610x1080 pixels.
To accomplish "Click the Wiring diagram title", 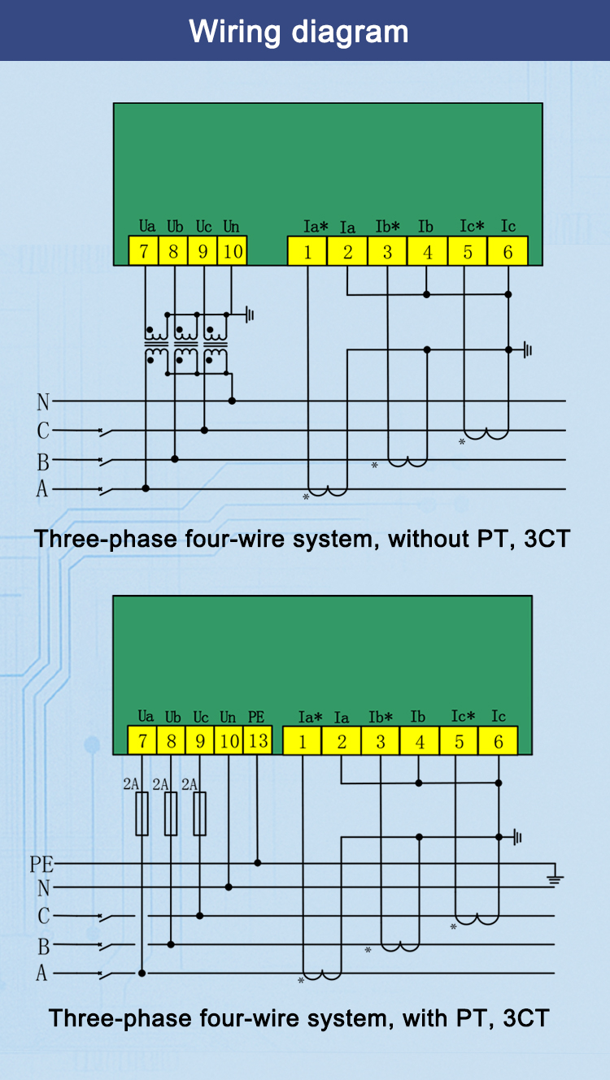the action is (298, 33).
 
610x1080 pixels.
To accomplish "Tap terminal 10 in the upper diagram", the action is (233, 251).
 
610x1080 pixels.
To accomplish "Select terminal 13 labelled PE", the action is (258, 740).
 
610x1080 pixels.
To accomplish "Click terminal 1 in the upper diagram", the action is (307, 251).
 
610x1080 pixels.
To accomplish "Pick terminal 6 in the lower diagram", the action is (498, 740).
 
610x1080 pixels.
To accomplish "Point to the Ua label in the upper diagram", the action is (147, 226).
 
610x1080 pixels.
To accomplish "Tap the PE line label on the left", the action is (41, 865).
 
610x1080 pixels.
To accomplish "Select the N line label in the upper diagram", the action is (43, 401).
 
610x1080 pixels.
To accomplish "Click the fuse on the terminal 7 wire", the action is (142, 813).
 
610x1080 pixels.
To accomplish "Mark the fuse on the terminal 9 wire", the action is (200, 813).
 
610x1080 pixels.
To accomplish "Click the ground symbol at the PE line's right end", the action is (555, 878).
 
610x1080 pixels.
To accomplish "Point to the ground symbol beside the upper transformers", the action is (250, 314).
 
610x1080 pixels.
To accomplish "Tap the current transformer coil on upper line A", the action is (328, 492).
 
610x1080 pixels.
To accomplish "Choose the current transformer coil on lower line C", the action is (477, 919).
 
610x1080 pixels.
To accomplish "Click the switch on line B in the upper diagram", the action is (106, 462).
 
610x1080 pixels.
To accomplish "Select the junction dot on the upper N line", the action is (232, 401).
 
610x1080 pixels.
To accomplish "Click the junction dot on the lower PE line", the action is (258, 862).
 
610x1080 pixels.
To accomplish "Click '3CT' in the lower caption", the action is (526, 1017).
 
